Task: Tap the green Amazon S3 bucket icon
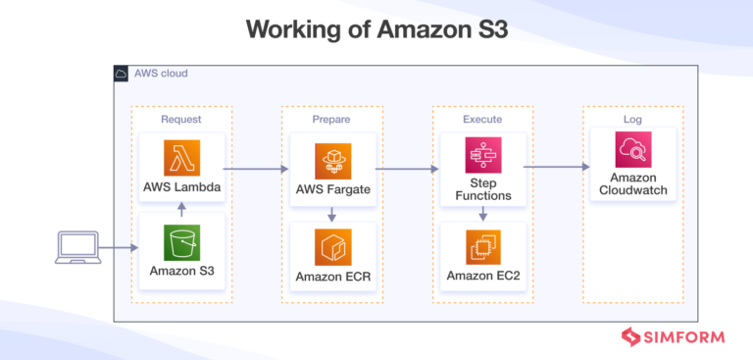tap(181, 242)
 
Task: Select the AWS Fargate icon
tap(332, 161)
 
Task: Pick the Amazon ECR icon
tap(332, 246)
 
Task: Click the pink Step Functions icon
tap(483, 154)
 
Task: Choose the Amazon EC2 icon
tap(483, 246)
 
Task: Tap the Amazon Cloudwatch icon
tap(633, 151)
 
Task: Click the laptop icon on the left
tap(78, 247)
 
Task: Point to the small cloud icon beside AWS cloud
tap(122, 74)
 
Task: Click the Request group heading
tap(181, 119)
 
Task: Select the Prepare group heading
tap(332, 119)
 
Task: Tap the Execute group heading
tap(482, 119)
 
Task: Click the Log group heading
tap(633, 119)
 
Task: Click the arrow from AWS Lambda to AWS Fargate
tap(255, 169)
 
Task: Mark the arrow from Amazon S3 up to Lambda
tap(181, 207)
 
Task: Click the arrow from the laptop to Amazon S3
tap(118, 248)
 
